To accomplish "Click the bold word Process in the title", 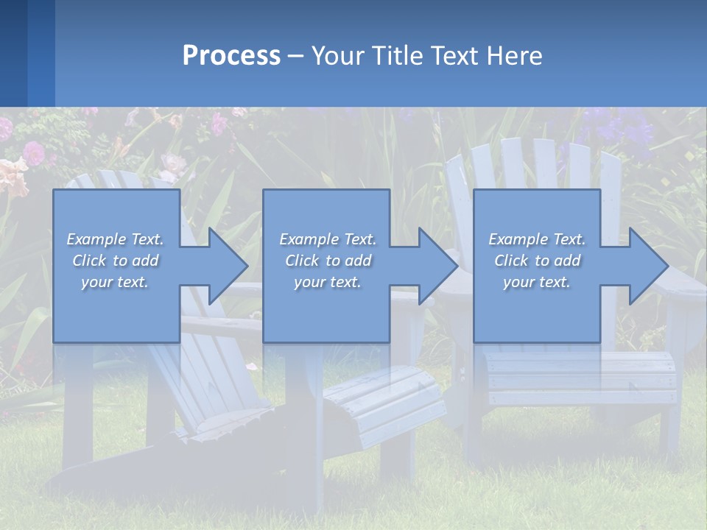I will [x=231, y=56].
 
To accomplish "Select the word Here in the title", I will [x=515, y=56].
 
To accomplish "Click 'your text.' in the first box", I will [x=115, y=282].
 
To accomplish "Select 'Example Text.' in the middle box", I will [x=328, y=239].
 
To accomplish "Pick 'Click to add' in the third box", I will [x=538, y=261].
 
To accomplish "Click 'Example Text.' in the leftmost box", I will [x=115, y=239].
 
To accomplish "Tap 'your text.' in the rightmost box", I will [x=538, y=282].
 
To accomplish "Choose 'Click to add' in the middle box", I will [x=328, y=261].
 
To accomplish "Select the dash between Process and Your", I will [x=296, y=56].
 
